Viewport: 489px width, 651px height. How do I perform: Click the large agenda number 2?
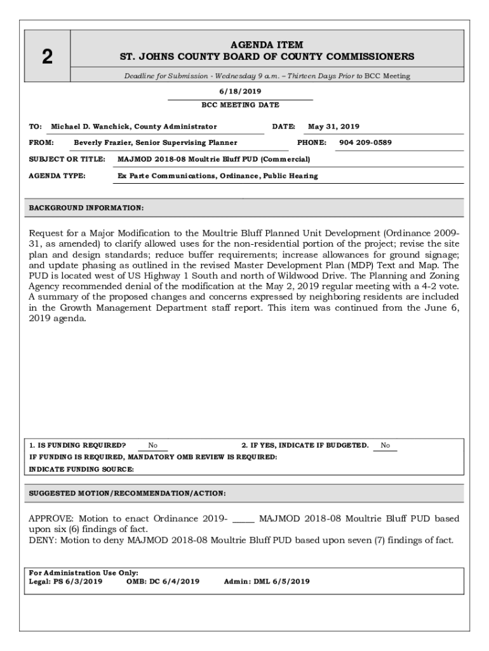pyautogui.click(x=47, y=57)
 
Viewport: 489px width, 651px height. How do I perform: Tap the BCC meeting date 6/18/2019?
pyautogui.click(x=240, y=92)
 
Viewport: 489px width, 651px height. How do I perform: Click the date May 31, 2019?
pyautogui.click(x=333, y=127)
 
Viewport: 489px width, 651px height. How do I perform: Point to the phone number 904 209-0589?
pyautogui.click(x=365, y=142)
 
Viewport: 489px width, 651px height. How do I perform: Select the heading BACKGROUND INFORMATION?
pyautogui.click(x=86, y=208)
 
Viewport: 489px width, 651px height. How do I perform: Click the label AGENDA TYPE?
pyautogui.click(x=58, y=175)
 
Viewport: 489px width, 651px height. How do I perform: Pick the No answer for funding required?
pyautogui.click(x=153, y=445)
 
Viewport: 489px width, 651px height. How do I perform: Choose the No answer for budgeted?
pyautogui.click(x=385, y=445)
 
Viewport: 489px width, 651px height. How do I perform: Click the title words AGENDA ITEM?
pyautogui.click(x=267, y=45)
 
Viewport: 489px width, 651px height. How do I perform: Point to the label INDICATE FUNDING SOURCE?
pyautogui.click(x=82, y=469)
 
